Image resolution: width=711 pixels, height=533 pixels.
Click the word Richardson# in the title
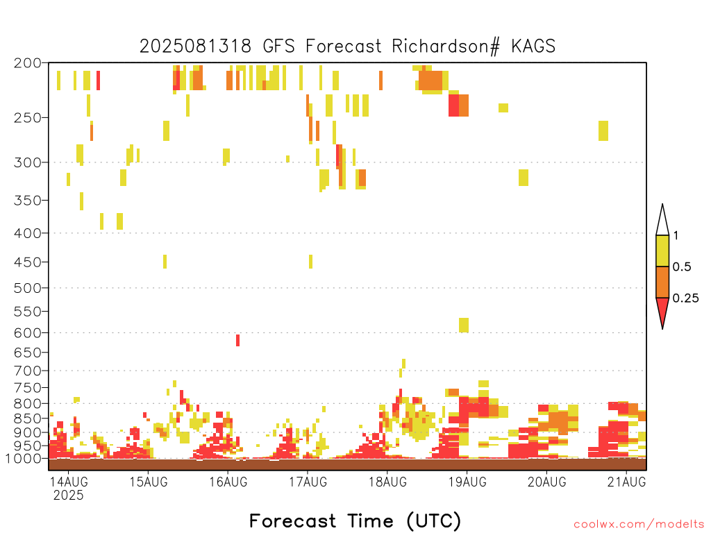[446, 46]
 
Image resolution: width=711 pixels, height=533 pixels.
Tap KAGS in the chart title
[533, 46]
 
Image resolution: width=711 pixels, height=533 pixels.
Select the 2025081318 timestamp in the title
[195, 46]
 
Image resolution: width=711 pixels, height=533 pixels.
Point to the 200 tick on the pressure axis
[28, 63]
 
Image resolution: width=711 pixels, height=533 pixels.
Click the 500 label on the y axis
[28, 288]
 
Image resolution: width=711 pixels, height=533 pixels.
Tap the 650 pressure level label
[28, 352]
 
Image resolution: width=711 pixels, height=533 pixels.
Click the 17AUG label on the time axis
[308, 482]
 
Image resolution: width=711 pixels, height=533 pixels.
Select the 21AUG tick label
[627, 482]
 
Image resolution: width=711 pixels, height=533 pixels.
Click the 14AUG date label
[69, 482]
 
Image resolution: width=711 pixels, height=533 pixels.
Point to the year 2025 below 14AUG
[69, 496]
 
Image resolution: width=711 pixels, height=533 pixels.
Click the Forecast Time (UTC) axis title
[355, 521]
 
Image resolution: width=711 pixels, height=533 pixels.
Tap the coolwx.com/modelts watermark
[639, 525]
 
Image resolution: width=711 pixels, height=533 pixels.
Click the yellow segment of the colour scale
[662, 251]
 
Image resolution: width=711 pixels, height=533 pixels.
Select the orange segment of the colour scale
[662, 282]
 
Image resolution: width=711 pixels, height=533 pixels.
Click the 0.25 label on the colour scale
[685, 298]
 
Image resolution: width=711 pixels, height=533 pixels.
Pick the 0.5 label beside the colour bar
[682, 267]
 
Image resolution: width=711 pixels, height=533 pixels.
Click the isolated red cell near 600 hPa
[237, 340]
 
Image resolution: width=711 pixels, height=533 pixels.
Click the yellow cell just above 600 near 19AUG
[463, 325]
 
